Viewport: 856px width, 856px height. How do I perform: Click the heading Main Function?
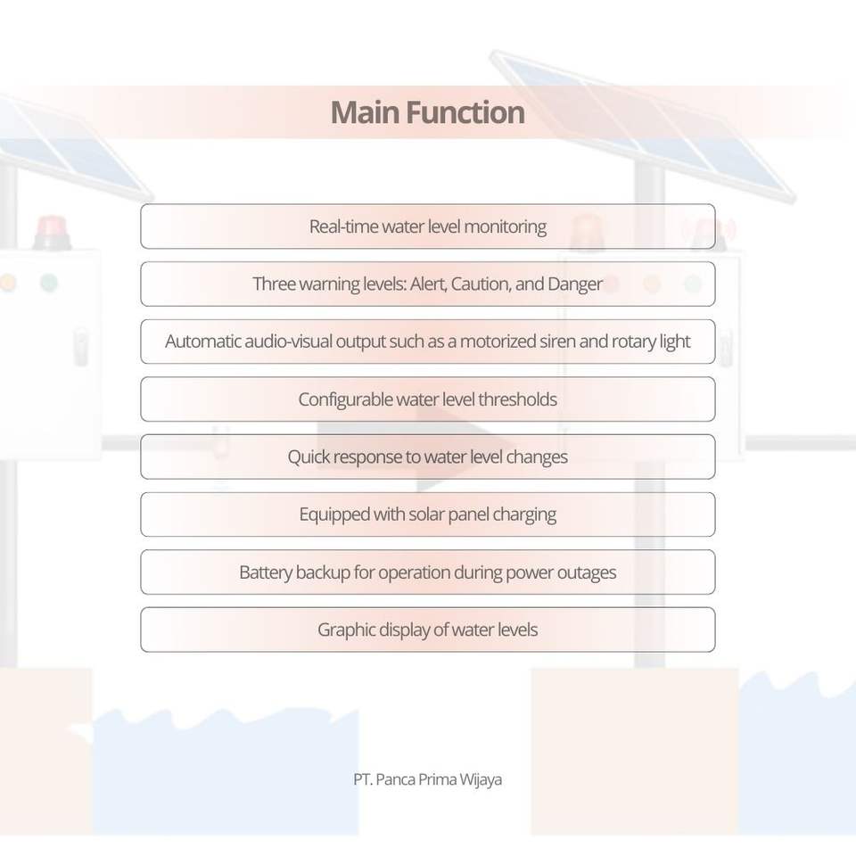click(x=427, y=113)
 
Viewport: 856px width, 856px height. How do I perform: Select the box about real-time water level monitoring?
click(x=427, y=226)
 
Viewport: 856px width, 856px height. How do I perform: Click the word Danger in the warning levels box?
click(x=575, y=284)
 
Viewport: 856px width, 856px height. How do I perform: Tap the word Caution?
click(x=481, y=284)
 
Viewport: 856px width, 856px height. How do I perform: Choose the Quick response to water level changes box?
click(x=427, y=457)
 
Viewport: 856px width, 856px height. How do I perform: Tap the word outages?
click(x=585, y=572)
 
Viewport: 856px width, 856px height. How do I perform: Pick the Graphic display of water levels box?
click(x=427, y=630)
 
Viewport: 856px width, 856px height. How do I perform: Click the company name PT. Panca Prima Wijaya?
click(x=427, y=779)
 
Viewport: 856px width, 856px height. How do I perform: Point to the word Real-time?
click(x=343, y=226)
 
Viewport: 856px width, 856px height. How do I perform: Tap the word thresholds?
click(x=517, y=399)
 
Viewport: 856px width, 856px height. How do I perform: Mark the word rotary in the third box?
click(x=632, y=342)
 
